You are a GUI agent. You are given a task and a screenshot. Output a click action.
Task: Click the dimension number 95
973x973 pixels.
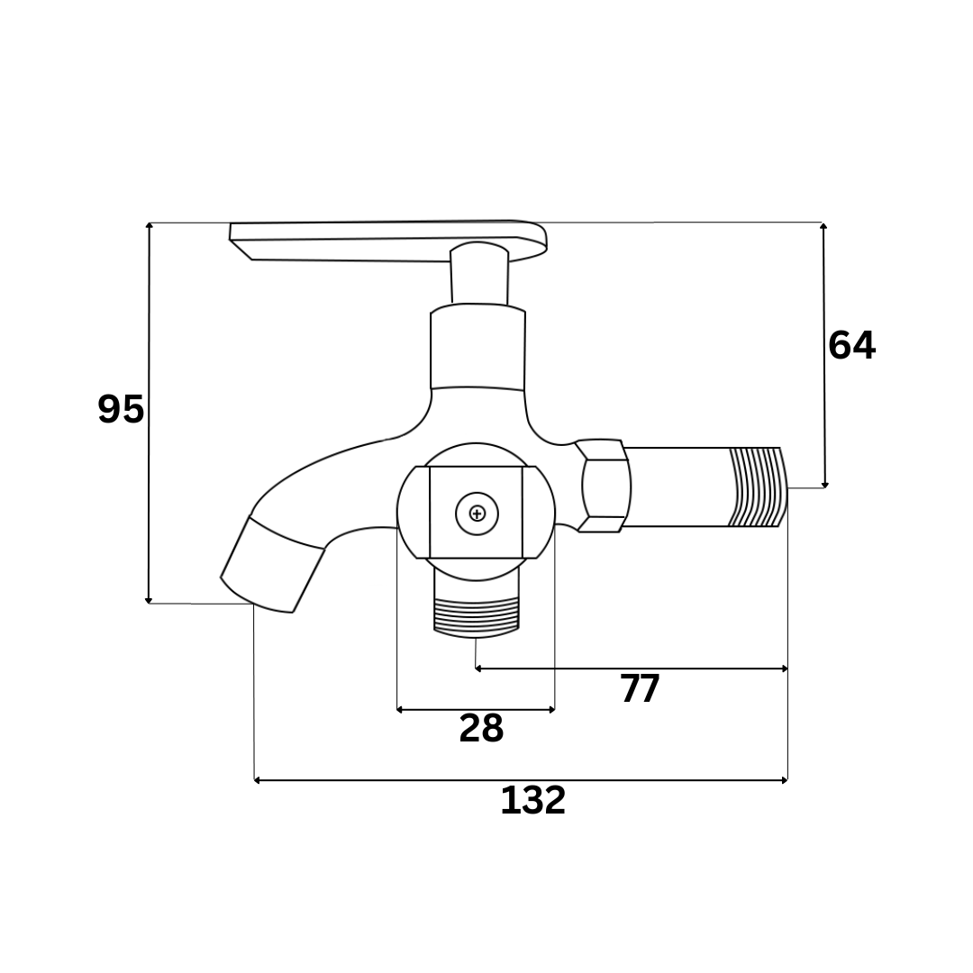pyautogui.click(x=121, y=409)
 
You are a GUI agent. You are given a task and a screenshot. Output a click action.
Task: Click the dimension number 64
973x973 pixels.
pyautogui.click(x=851, y=345)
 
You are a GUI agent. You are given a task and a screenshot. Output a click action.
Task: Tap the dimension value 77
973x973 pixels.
pyautogui.click(x=641, y=688)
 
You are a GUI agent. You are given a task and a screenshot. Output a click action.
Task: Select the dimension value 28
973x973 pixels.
pyautogui.click(x=481, y=728)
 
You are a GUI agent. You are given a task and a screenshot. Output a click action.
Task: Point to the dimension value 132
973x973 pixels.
pyautogui.click(x=533, y=800)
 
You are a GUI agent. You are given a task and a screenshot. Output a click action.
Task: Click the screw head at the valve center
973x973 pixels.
pyautogui.click(x=477, y=514)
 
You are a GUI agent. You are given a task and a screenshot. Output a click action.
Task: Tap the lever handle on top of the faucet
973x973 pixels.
pyautogui.click(x=388, y=239)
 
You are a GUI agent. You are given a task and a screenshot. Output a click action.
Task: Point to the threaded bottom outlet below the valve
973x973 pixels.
pyautogui.click(x=476, y=617)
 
